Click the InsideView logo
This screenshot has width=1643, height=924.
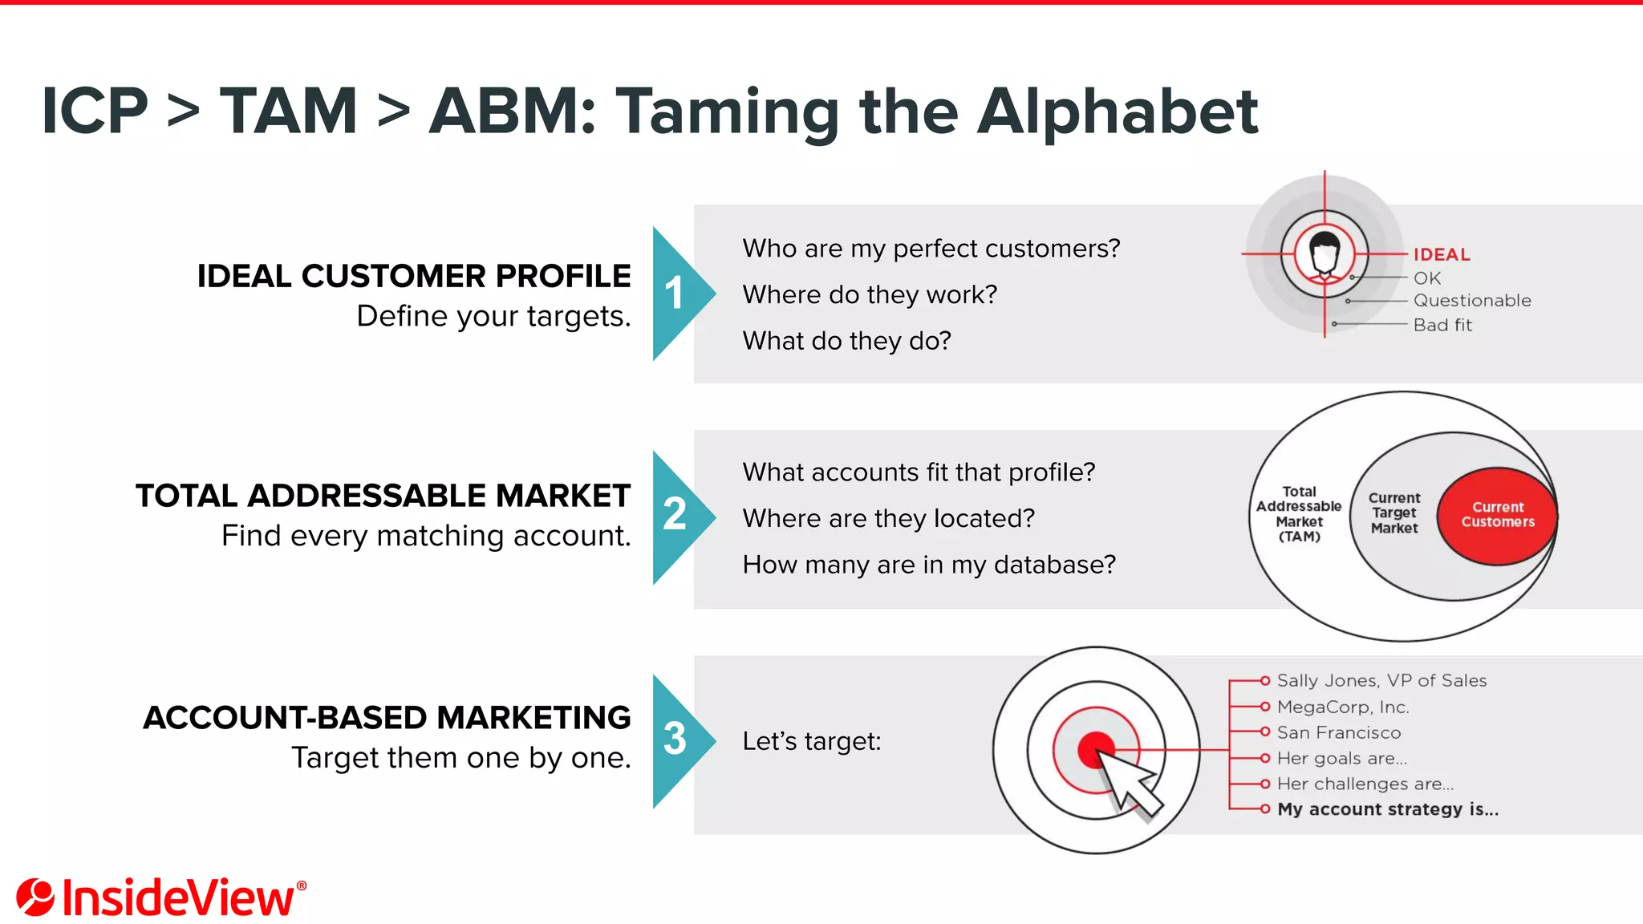coord(160,898)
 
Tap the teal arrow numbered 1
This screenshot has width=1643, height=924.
coord(678,294)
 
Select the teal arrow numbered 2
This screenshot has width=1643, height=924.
coord(678,517)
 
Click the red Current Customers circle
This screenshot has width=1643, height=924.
coord(1497,515)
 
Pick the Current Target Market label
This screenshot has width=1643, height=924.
coord(1394,513)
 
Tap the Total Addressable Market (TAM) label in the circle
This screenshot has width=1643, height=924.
coord(1299,514)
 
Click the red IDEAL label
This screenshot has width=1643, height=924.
coord(1442,255)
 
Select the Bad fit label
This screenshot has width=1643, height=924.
coord(1442,325)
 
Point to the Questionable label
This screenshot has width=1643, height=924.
coord(1472,301)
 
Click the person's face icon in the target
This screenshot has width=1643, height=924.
coord(1325,253)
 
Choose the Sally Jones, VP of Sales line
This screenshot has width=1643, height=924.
coord(1381,681)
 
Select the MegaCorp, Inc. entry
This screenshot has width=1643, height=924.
coord(1343,707)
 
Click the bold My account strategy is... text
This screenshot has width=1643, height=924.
coord(1388,809)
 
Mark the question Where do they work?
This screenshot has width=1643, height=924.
coord(870,295)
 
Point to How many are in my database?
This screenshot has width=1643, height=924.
coord(929,565)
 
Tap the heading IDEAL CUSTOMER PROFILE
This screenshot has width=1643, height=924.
coord(414,276)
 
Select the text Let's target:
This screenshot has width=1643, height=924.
coord(811,741)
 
